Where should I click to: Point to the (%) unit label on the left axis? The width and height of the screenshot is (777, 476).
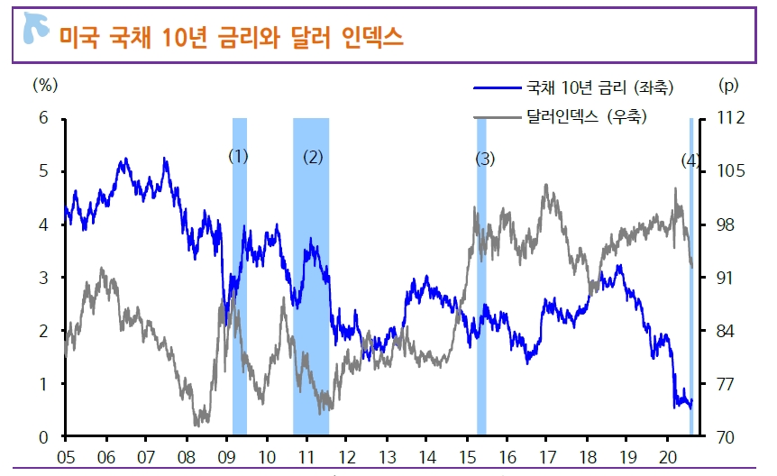point(44,86)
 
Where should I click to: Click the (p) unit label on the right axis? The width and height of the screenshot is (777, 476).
point(727,86)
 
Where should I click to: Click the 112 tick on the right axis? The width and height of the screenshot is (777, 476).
point(732,118)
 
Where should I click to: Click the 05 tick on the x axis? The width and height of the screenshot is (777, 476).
point(65,456)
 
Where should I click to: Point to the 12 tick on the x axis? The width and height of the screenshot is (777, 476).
point(346,456)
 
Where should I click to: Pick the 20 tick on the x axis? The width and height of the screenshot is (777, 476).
point(668,456)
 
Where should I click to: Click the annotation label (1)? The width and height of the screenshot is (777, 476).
point(238,156)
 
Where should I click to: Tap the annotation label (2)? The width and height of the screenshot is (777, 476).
point(313,157)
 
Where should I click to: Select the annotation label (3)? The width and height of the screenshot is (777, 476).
point(485,160)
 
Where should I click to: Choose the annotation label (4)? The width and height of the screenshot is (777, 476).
point(690,160)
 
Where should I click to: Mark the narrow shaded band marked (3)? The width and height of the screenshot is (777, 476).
point(481,297)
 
